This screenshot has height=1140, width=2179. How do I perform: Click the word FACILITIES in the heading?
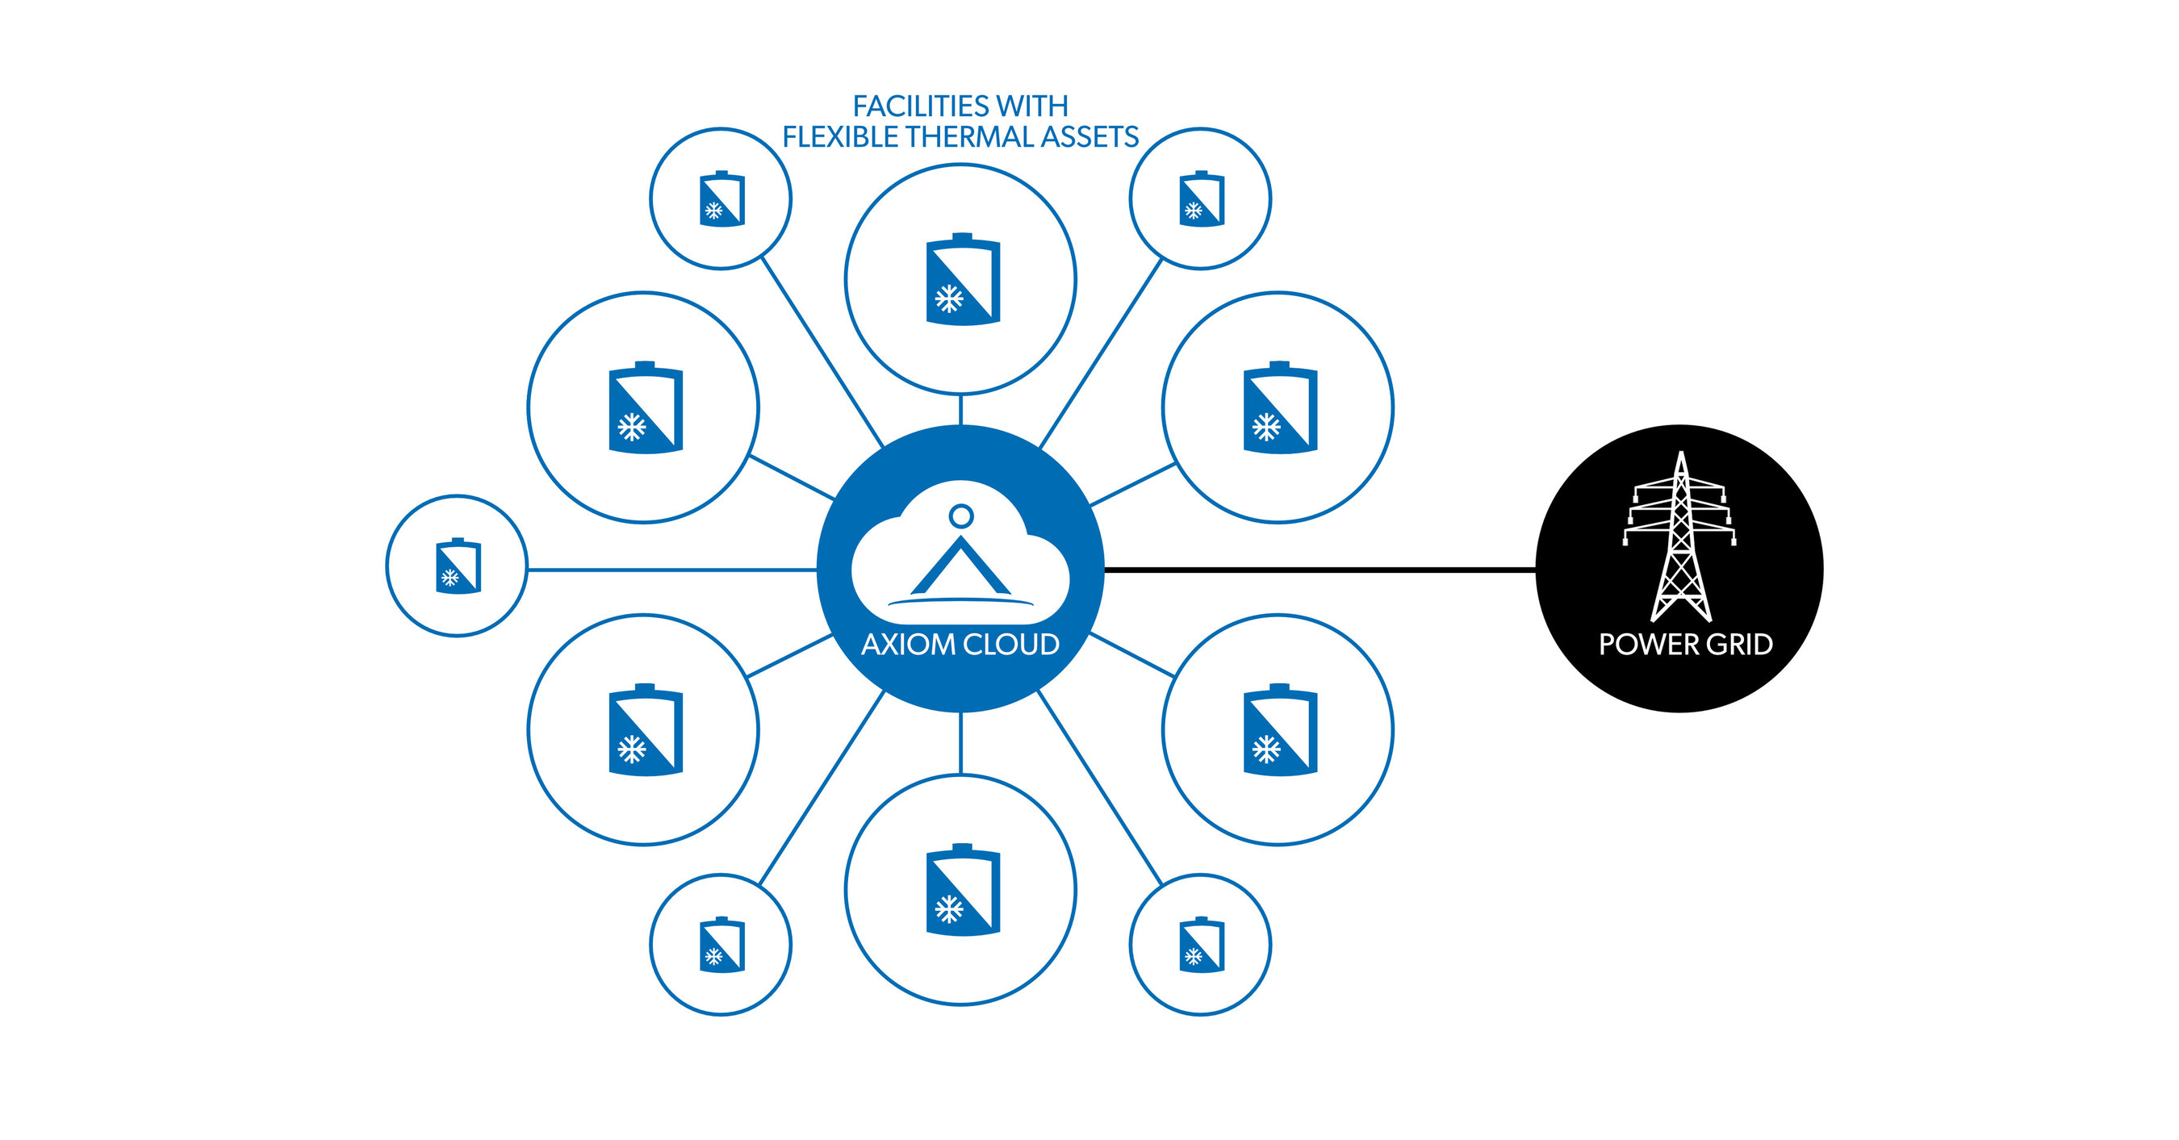point(920,106)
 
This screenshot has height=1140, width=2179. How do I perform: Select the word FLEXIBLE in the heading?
point(839,137)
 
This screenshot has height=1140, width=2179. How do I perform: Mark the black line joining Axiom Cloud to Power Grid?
point(1320,570)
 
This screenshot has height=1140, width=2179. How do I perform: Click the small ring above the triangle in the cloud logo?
point(961,515)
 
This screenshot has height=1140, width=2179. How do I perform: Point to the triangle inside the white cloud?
point(961,568)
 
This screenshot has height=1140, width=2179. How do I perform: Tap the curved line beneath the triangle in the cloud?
point(961,601)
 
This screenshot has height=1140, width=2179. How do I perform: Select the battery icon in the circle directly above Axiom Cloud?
point(963,279)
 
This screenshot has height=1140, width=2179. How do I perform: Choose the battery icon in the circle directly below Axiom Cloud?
point(963,890)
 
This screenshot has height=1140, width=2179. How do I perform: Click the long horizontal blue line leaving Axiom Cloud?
point(671,570)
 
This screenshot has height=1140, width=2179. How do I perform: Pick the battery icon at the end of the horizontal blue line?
point(458,566)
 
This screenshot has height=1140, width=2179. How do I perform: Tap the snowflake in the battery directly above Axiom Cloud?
point(948,299)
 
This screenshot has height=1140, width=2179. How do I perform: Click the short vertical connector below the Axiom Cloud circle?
point(961,743)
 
